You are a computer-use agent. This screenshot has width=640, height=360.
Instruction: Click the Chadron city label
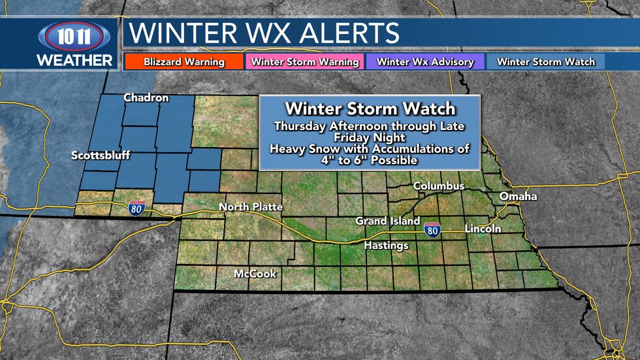[x=146, y=98]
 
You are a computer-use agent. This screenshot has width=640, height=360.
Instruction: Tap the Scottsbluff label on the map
[x=101, y=155]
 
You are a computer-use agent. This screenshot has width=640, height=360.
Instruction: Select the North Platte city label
[x=251, y=207]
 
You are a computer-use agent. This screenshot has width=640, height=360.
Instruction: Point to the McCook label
[x=255, y=274]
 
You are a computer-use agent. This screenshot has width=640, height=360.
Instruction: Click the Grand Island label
[x=387, y=221]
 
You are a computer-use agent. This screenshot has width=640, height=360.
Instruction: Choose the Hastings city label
[x=386, y=246]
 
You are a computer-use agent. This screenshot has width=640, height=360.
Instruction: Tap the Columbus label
[x=439, y=186]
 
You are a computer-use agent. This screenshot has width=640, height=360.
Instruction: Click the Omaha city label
[x=518, y=197]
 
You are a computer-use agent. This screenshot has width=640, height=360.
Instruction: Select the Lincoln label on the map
[x=483, y=229]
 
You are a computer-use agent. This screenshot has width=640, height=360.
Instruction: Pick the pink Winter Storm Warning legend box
[x=305, y=62]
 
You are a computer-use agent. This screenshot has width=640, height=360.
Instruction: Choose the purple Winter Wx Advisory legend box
[x=426, y=62]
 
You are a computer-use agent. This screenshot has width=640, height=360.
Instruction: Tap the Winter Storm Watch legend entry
[x=546, y=62]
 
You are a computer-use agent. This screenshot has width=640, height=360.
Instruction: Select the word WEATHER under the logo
[x=74, y=60]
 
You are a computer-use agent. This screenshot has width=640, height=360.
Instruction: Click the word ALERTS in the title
[x=347, y=33]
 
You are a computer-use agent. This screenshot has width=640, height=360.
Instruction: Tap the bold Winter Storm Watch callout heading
[x=370, y=108]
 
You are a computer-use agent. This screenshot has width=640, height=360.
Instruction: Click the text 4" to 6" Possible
[x=370, y=160]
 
